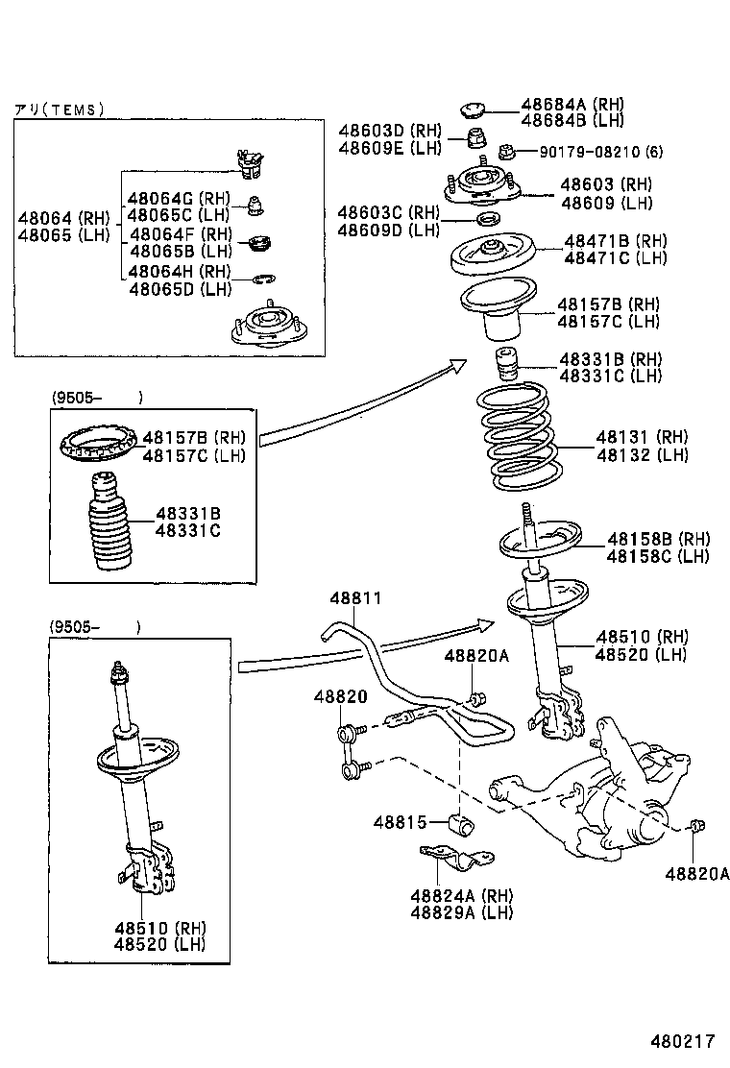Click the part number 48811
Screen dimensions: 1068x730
(x=355, y=598)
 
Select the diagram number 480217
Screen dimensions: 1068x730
(x=683, y=1040)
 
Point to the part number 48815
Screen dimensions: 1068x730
(x=400, y=822)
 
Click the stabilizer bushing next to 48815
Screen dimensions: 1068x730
(x=462, y=824)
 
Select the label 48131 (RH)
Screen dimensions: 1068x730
(x=645, y=438)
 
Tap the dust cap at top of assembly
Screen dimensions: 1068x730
(x=474, y=109)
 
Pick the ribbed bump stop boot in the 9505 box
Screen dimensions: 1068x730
(x=105, y=523)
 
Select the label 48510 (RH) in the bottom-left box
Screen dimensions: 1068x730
(x=158, y=928)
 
